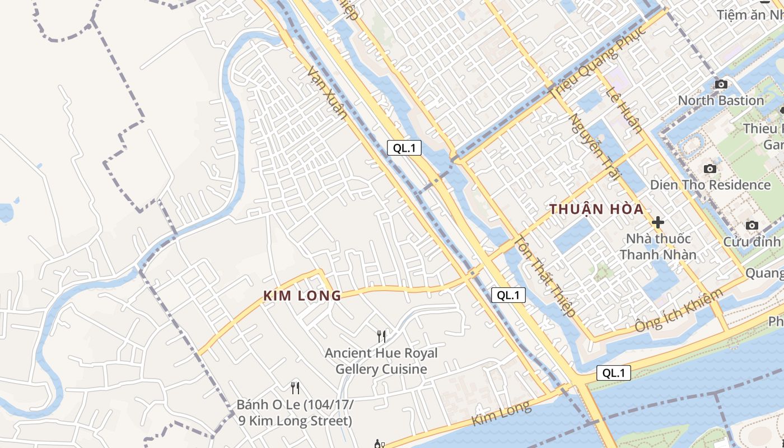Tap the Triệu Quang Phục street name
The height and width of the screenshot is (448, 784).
pos(598,62)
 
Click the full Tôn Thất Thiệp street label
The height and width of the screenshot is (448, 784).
pos(545,277)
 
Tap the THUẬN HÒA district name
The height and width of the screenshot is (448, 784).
pos(596,209)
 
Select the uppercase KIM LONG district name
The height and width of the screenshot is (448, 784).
pos(302,296)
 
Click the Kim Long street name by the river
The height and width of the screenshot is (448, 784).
pos(501,413)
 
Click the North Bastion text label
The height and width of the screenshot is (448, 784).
pos(721,101)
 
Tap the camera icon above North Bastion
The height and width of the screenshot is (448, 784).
pos(721,85)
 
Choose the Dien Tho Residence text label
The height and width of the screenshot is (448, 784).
pos(710,185)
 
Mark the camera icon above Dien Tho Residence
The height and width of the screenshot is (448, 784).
pos(710,169)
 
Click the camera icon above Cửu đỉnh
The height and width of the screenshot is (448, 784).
pos(752,226)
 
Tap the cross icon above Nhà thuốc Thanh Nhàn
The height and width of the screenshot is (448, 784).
pos(658,222)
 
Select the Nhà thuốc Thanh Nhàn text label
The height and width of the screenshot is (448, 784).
pos(658,247)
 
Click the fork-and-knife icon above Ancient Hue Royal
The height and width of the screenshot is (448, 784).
pos(381,336)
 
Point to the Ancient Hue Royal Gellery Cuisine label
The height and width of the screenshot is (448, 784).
pos(381,361)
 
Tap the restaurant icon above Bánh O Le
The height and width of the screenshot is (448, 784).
pos(295,388)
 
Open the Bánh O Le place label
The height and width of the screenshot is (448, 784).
pos(295,413)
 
